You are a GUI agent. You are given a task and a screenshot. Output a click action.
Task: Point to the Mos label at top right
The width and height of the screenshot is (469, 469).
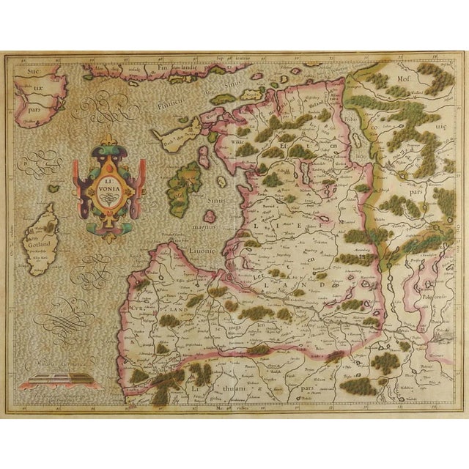click(x=403, y=75)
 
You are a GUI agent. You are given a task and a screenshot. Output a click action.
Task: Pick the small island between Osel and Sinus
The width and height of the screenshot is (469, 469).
click(x=208, y=216)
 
